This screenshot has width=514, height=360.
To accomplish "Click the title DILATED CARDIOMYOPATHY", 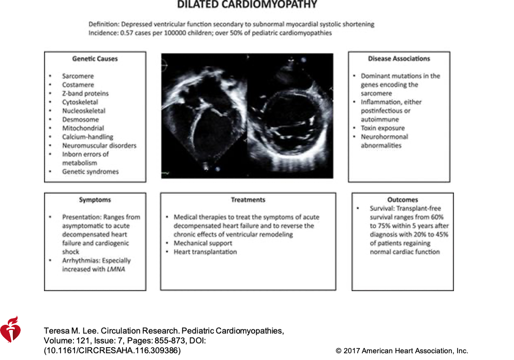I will (x=247, y=5).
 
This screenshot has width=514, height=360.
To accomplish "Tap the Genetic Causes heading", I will (x=95, y=59).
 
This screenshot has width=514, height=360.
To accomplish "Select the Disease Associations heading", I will (x=399, y=59).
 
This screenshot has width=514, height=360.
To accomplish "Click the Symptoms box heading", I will (x=95, y=200).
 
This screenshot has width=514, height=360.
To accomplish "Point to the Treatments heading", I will (x=248, y=200).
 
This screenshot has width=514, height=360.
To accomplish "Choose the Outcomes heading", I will (x=402, y=200).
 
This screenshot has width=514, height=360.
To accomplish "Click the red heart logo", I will (x=10, y=329).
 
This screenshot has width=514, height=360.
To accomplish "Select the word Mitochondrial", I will (x=83, y=128).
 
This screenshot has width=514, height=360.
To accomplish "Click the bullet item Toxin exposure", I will (x=383, y=128).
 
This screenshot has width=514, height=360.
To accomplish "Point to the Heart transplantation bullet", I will (x=205, y=252).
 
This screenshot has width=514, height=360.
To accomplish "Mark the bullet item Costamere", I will (x=78, y=84).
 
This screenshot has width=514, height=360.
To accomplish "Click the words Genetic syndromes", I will (x=90, y=171).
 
